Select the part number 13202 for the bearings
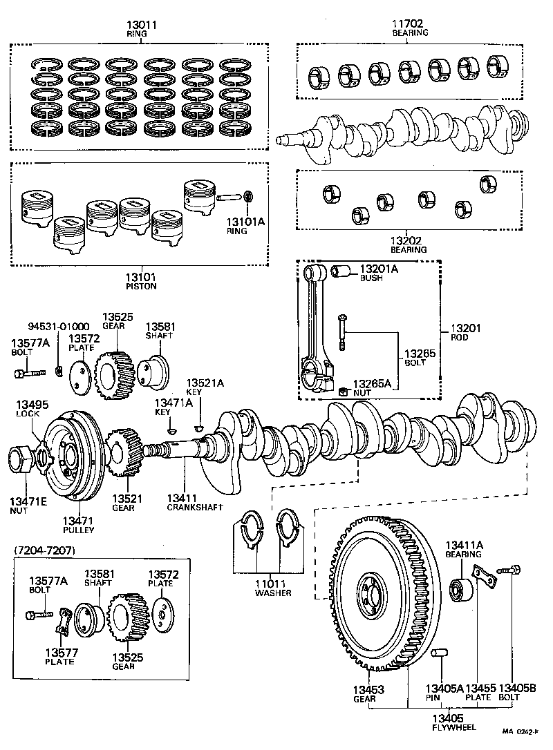[x=409, y=240]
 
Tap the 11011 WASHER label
[x=273, y=588]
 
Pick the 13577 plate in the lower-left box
[x=64, y=619]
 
